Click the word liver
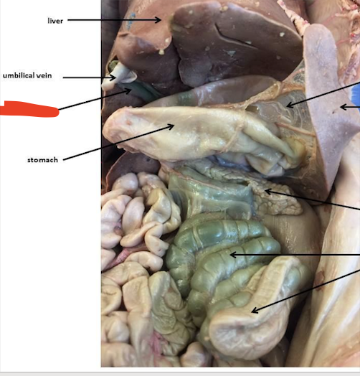(55, 21)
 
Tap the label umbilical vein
(27, 75)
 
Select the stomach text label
(42, 160)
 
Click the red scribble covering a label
(29, 109)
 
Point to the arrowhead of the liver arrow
(158, 20)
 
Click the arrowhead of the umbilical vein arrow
(113, 77)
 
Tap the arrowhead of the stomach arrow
(171, 126)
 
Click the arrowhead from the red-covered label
(128, 90)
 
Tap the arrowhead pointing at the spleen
(344, 107)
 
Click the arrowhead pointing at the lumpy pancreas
(268, 192)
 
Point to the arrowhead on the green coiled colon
(233, 255)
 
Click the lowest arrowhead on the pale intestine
(255, 310)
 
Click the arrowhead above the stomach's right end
(290, 105)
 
